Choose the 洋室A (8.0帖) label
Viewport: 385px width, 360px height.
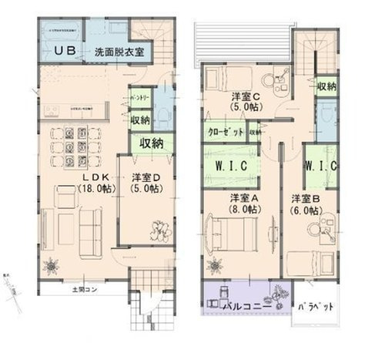pyautogui.click(x=239, y=203)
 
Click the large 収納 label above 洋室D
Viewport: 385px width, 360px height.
pyautogui.click(x=150, y=143)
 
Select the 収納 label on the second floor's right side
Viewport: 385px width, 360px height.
pyautogui.click(x=326, y=86)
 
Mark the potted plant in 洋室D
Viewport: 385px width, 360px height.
pyautogui.click(x=162, y=229)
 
